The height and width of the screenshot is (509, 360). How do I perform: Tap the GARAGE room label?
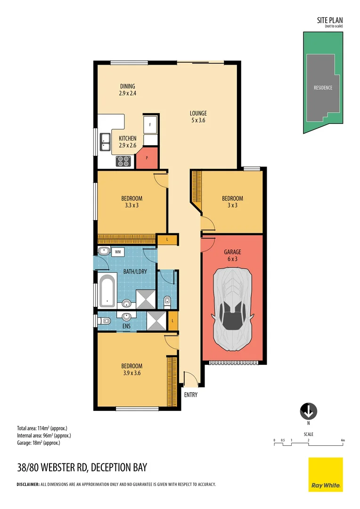pyautogui.click(x=232, y=252)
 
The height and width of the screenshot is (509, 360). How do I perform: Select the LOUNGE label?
pyautogui.click(x=198, y=113)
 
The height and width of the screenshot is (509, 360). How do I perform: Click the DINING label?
pyautogui.click(x=127, y=86)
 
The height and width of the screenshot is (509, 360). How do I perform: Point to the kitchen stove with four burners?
pyautogui.click(x=123, y=161)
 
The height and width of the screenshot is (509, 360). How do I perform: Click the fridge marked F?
pyautogui.click(x=150, y=125)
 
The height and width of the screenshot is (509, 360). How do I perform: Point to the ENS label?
pyautogui.click(x=126, y=326)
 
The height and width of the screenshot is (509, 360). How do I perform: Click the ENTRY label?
pyautogui.click(x=191, y=395)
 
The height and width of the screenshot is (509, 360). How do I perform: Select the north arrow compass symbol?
pyautogui.click(x=309, y=411)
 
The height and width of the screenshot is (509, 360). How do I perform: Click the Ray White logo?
pyautogui.click(x=326, y=474)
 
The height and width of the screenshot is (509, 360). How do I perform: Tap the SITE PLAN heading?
pyautogui.click(x=329, y=20)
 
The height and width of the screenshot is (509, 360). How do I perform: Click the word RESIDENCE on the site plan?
pyautogui.click(x=323, y=88)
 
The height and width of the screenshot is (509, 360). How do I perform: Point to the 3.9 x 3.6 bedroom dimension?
pyautogui.click(x=131, y=373)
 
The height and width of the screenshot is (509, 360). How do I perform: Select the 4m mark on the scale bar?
pyautogui.click(x=343, y=441)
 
